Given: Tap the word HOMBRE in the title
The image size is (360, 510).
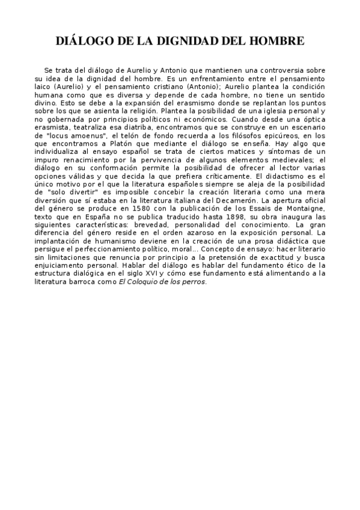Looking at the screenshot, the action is pos(275,41).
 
